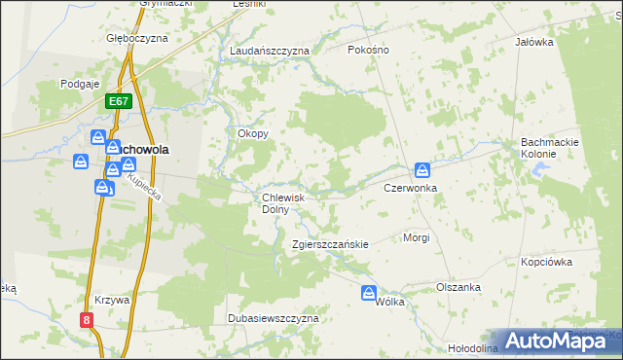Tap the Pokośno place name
click(x=369, y=49)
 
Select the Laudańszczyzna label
click(x=269, y=50)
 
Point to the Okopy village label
click(x=253, y=133)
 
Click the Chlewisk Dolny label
click(x=284, y=202)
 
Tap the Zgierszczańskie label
click(x=330, y=244)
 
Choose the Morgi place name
click(x=416, y=237)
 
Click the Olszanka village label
click(x=458, y=287)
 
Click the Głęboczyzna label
click(x=137, y=38)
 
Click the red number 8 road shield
click(x=87, y=319)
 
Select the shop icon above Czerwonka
click(x=421, y=169)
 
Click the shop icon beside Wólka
click(x=369, y=292)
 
